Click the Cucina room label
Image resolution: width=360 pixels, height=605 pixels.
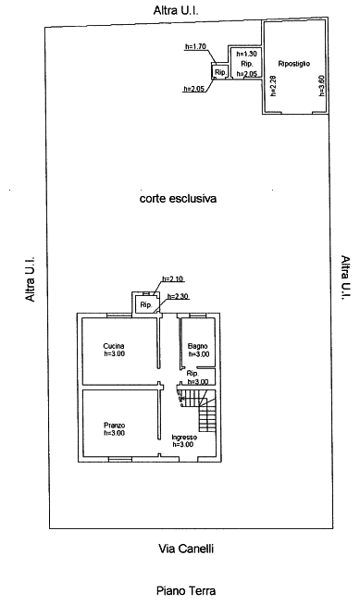114,346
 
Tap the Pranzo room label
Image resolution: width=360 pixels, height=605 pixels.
114,426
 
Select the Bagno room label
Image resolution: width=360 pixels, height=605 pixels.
197,347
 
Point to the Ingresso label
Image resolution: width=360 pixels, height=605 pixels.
184,438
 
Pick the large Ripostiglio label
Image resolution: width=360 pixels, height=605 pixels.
294,64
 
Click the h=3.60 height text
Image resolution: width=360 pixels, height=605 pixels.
323,86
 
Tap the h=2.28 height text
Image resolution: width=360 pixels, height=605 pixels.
273,86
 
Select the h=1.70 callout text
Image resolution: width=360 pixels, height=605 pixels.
195,46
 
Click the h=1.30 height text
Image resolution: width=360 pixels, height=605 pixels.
246,55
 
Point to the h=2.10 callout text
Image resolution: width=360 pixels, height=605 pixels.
172,278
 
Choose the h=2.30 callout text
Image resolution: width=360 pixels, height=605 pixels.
178,296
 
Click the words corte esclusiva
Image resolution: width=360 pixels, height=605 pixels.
178,198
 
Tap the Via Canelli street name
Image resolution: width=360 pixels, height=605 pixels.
186,549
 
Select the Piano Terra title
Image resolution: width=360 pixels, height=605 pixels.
186,591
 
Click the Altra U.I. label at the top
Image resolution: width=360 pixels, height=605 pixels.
176,10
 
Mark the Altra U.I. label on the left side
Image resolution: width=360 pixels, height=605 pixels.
31,279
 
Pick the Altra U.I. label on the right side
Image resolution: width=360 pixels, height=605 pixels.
345,278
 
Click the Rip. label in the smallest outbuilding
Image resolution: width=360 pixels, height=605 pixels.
220,72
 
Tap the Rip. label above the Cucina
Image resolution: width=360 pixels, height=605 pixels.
146,305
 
